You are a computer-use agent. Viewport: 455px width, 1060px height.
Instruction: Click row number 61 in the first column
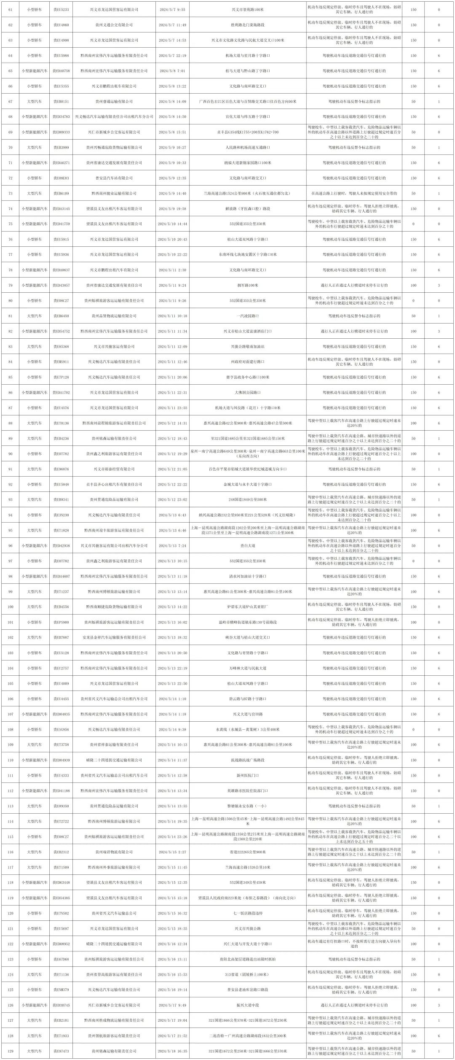[11, 10]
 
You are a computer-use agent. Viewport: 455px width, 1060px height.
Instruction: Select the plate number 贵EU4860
[61, 25]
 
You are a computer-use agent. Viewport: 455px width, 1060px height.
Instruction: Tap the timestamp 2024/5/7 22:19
[172, 56]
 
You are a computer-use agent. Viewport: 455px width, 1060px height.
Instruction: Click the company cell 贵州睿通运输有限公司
[114, 102]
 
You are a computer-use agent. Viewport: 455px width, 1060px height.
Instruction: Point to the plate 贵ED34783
[61, 117]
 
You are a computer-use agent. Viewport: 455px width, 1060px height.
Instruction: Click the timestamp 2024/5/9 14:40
[172, 194]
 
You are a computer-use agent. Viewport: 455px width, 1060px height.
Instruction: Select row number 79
[11, 286]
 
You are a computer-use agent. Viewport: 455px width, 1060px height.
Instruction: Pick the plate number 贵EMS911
[61, 362]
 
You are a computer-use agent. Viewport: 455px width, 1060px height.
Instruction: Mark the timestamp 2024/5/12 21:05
[172, 469]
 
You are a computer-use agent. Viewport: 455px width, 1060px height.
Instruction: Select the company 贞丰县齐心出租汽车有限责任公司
[114, 484]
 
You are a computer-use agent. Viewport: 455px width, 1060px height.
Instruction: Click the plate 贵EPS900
[61, 622]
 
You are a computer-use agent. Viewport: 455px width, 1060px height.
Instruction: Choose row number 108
[11, 729]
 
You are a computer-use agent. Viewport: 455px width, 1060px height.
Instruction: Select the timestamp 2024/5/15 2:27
[172, 852]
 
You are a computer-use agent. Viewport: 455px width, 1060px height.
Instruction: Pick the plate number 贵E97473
[61, 1051]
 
